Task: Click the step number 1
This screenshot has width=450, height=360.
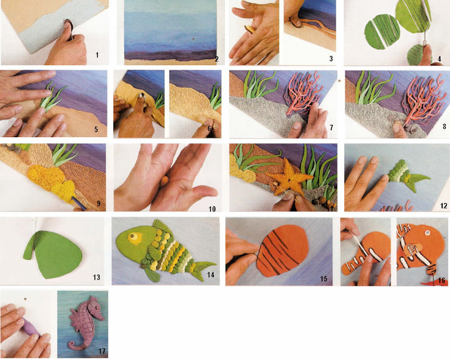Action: (x=97, y=55)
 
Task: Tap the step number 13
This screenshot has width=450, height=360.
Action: (x=96, y=277)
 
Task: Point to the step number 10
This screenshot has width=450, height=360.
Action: (x=212, y=209)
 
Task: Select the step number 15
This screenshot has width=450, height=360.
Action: (x=323, y=278)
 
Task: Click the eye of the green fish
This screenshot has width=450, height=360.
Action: (x=133, y=237)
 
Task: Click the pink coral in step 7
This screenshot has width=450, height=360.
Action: (x=303, y=94)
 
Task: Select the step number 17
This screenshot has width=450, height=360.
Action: (x=102, y=350)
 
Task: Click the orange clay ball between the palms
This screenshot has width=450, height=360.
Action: (x=164, y=181)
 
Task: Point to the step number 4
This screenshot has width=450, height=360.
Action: (x=439, y=59)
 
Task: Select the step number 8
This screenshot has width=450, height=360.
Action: (x=444, y=126)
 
